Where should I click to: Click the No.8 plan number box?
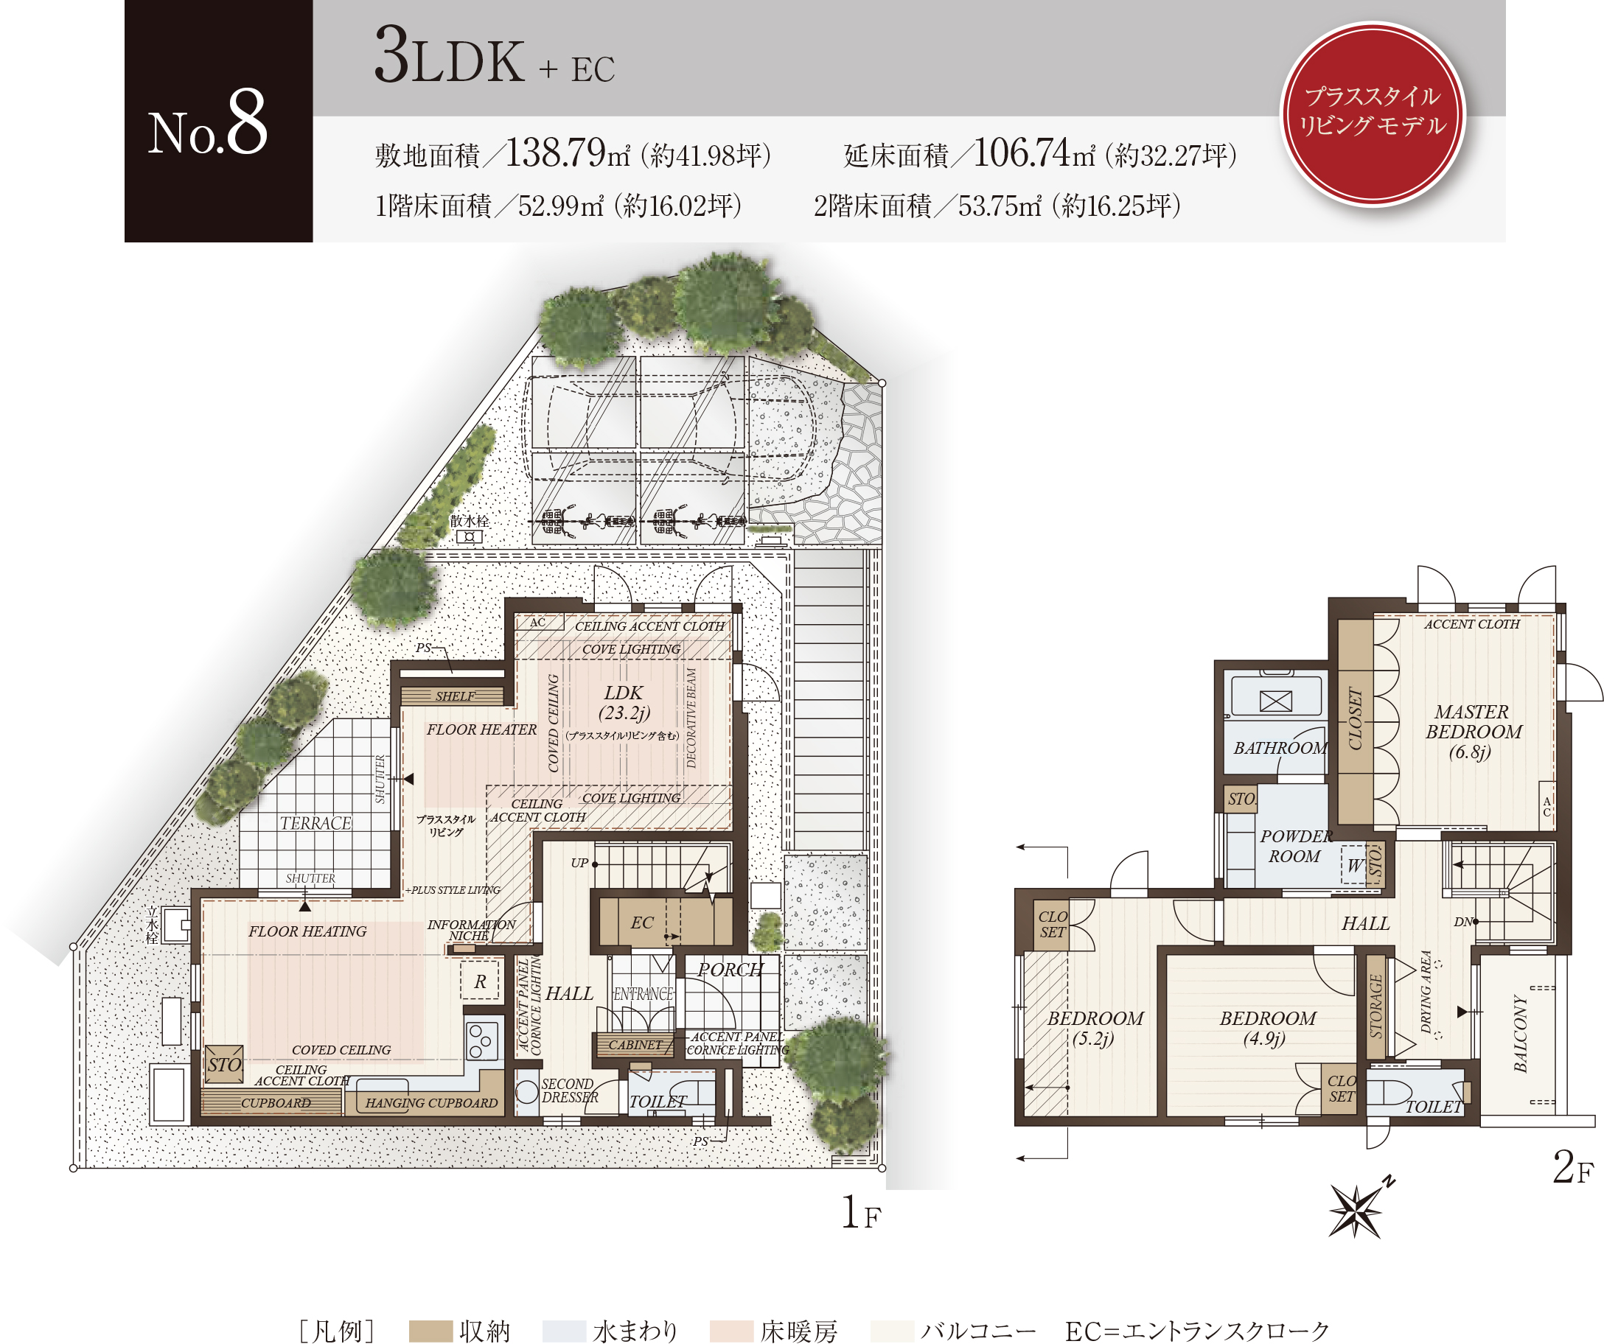[x=218, y=121]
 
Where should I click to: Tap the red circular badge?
[x=1373, y=113]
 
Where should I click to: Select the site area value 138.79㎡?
[x=568, y=153]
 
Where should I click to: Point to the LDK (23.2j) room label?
[x=624, y=702]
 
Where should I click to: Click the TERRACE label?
[x=315, y=823]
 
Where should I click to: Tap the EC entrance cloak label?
[x=641, y=923]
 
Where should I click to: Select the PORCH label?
[x=730, y=969]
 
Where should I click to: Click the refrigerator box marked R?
[x=480, y=981]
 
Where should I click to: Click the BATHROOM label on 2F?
[x=1280, y=748]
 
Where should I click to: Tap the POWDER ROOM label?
[x=1296, y=846]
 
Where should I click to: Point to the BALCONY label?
[x=1521, y=1033]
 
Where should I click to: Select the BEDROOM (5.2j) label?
[x=1095, y=1028]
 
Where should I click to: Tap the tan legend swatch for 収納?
[x=430, y=1331]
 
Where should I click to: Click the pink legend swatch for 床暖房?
[x=731, y=1331]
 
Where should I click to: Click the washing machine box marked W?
[x=1354, y=864]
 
